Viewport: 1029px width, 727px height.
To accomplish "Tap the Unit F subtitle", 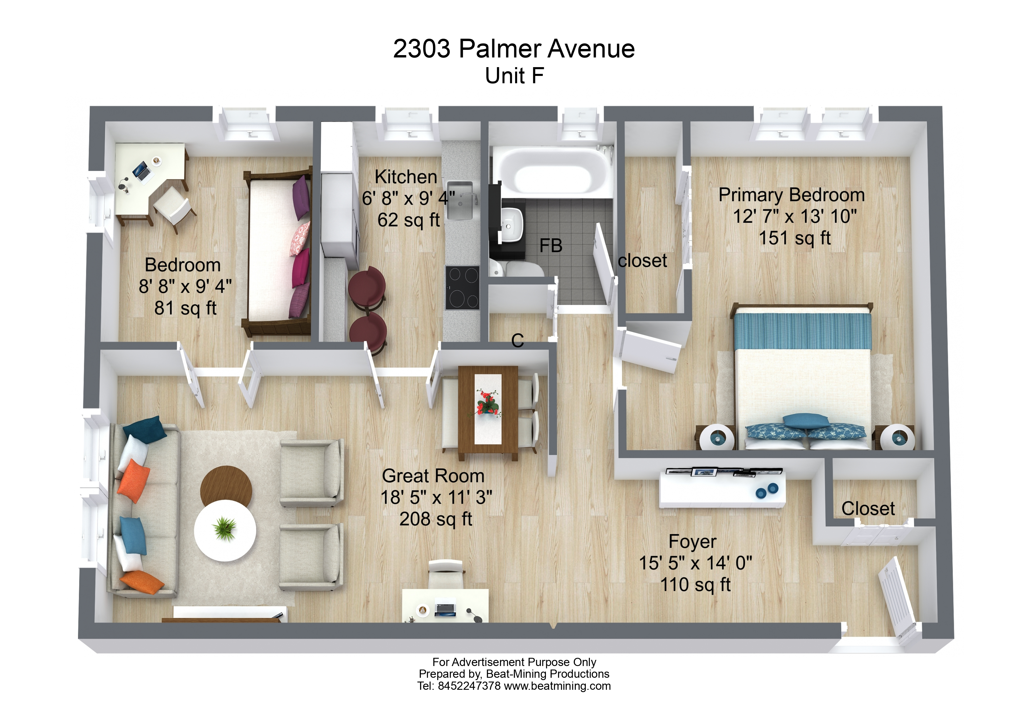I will click(514, 76).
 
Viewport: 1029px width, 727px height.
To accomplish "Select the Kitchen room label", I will click(406, 177).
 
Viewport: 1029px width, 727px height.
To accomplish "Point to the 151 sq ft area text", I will click(795, 238).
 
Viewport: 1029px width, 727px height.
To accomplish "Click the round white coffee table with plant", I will click(225, 530).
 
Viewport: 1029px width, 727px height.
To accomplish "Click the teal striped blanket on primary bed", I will click(802, 331).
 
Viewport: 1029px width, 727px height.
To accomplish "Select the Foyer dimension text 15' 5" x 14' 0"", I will click(695, 563).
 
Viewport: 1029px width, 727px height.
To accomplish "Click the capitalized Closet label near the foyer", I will click(868, 508).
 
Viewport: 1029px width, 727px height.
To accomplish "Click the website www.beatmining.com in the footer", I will click(557, 686).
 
